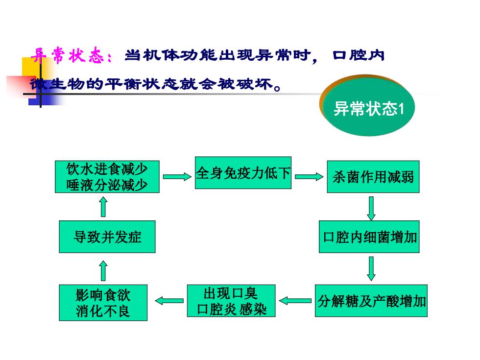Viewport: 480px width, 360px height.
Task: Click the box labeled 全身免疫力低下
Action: tap(243, 172)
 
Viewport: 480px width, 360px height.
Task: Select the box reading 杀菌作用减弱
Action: tap(373, 177)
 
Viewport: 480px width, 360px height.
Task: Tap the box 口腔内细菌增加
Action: tap(369, 237)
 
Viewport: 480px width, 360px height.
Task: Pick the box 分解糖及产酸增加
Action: tap(371, 301)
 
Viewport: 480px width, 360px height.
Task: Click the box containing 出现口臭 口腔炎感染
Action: tap(231, 301)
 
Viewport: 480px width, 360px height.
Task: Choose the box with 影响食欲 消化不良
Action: tap(103, 303)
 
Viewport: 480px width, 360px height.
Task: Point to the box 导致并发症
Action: tap(107, 237)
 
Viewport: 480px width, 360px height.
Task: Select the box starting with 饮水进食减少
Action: tap(107, 177)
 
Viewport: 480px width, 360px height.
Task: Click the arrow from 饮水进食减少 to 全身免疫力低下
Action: tap(177, 177)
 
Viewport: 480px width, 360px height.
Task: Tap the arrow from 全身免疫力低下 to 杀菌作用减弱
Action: tap(309, 177)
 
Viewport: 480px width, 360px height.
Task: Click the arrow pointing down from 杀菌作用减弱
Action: tap(371, 209)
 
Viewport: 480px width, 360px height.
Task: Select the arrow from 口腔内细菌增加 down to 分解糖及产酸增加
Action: tap(371, 269)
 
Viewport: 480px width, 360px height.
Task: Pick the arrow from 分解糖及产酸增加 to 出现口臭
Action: tap(295, 301)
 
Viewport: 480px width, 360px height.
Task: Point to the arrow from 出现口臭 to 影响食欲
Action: tap(169, 301)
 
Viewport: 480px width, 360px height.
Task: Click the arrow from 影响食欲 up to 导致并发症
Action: tap(103, 270)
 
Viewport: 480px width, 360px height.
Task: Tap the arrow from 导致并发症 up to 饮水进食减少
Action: tap(103, 207)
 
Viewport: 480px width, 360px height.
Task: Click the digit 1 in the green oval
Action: tap(401, 109)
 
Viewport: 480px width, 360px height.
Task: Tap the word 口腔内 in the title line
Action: tap(358, 55)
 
